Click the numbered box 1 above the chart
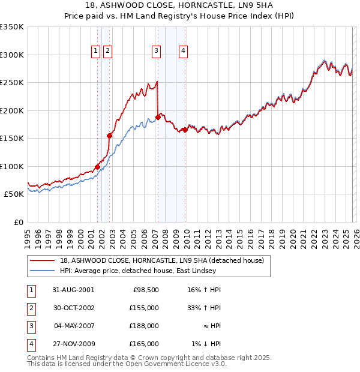(x=96, y=52)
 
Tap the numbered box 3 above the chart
(x=156, y=52)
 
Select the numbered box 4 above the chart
(x=182, y=52)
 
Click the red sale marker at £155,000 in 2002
(x=110, y=136)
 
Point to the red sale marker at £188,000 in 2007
(x=158, y=117)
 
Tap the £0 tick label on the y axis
(x=18, y=222)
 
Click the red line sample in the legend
(x=43, y=260)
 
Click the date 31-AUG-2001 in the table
(x=73, y=290)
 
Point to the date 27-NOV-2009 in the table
(x=74, y=344)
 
